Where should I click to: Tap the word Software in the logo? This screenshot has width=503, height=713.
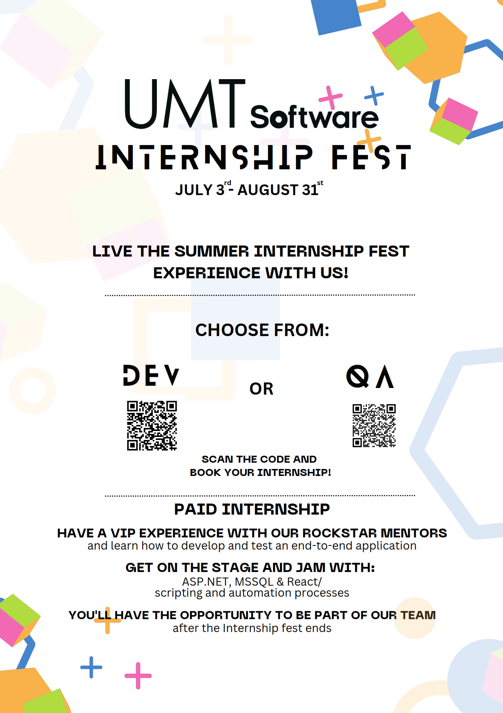pos(314,117)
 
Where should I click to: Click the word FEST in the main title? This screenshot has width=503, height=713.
pos(371,157)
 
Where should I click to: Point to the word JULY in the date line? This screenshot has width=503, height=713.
pos(194,190)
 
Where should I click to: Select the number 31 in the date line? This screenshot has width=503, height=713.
pos(310,190)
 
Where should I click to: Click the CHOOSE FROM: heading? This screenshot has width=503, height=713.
pos(262,330)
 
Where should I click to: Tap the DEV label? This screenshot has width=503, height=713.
pos(151,375)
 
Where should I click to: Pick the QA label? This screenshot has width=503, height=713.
pos(370,377)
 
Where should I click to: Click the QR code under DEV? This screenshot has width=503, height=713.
pos(152,426)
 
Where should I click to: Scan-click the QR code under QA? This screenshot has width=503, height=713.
pos(374,426)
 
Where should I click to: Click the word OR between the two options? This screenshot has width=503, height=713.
pos(261,389)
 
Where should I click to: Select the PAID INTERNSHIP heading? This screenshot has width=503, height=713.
pos(252,509)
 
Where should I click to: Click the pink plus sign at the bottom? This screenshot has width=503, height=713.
pos(138,675)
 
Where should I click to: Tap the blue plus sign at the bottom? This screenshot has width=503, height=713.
pos(91,667)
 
